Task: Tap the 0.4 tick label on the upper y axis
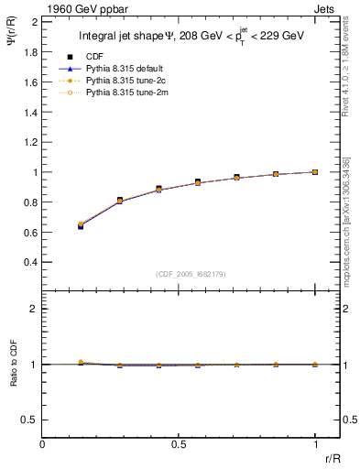coord(31,262)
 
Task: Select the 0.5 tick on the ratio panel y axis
coord(31,420)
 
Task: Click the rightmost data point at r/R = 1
coord(315,171)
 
